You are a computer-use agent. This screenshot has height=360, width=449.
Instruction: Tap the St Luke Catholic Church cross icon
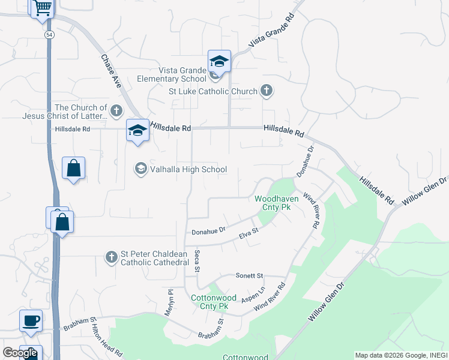267,91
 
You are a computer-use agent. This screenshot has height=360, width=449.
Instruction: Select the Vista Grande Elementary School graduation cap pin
219,61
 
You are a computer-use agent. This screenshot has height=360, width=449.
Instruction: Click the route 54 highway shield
48,35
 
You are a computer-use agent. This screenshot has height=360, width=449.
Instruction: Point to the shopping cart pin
43,8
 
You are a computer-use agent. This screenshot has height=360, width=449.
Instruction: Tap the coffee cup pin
31,320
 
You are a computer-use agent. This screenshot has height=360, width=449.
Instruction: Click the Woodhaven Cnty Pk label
273,202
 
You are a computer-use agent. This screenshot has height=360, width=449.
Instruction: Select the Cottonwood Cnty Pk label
209,302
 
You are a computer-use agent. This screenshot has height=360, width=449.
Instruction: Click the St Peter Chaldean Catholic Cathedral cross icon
111,257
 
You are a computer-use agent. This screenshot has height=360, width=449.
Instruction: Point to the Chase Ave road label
111,72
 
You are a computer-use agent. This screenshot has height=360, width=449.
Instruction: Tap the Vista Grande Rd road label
273,30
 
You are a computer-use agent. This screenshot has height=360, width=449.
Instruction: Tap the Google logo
20,353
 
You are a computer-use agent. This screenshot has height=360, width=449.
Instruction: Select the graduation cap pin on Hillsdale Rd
137,130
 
